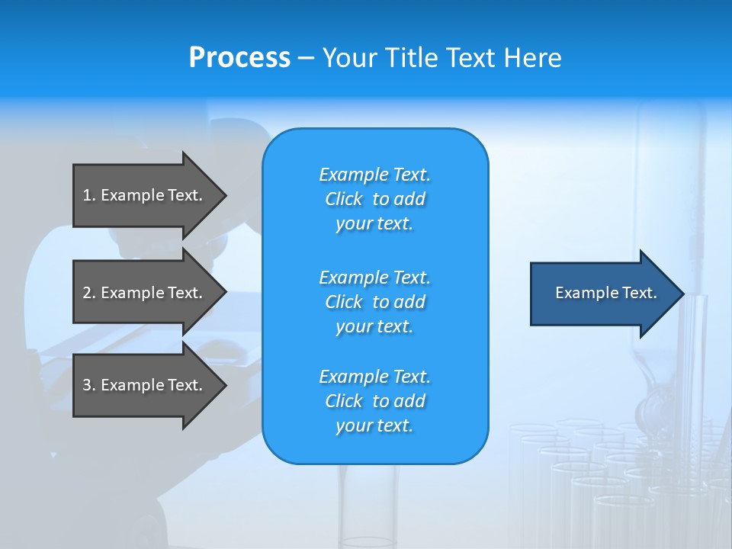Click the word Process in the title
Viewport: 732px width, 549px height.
coord(239,58)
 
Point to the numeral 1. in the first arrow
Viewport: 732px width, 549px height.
coord(89,195)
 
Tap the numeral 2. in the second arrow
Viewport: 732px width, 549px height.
coord(89,293)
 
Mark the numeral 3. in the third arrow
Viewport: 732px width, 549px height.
coord(89,385)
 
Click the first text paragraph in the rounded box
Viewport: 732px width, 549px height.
coord(374,199)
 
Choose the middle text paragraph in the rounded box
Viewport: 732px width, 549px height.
coord(374,302)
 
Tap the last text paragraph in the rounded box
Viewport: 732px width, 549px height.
coord(374,401)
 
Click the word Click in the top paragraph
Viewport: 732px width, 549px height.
coord(344,199)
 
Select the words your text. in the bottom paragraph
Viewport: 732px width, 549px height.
coord(374,425)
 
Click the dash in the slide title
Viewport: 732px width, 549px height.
coord(307,58)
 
